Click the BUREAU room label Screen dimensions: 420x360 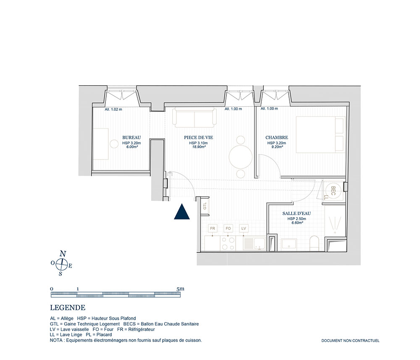[x=131, y=137]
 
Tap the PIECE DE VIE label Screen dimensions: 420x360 [x=199, y=137]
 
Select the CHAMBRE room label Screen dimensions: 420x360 [x=277, y=137]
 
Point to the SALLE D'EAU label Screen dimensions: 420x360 [x=297, y=213]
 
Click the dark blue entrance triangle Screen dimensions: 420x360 [x=182, y=212]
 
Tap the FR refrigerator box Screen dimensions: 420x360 [x=213, y=229]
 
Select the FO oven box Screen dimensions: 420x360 [x=228, y=229]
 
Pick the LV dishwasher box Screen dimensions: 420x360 [x=244, y=229]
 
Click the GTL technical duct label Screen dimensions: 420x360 [x=205, y=206]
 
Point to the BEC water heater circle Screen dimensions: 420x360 [x=332, y=190]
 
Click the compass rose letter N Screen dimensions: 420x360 [x=63, y=254]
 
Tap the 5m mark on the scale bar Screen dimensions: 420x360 [x=181, y=289]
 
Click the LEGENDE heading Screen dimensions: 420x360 [x=68, y=308]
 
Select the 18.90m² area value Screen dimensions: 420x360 [x=199, y=147]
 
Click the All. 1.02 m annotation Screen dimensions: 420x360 [x=113, y=109]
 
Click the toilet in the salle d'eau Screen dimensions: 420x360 [x=314, y=244]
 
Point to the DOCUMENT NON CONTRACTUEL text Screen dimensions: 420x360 [x=350, y=341]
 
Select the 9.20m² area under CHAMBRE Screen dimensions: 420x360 [x=277, y=147]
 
